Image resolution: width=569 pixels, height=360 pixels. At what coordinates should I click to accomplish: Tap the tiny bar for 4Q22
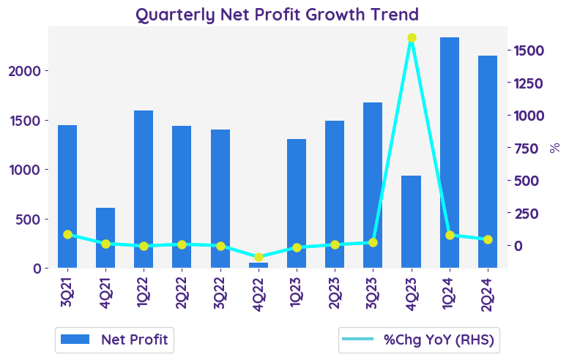click(x=259, y=265)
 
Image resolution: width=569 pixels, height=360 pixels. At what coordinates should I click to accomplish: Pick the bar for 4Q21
click(x=105, y=238)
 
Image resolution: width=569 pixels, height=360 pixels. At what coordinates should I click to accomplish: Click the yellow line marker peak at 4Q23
click(x=412, y=38)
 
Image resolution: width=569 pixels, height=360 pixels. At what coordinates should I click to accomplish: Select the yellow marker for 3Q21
click(x=67, y=235)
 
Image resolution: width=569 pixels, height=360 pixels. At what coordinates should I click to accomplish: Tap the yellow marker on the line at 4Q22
click(x=259, y=257)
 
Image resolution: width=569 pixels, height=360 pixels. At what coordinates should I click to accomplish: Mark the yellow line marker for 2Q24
click(x=488, y=239)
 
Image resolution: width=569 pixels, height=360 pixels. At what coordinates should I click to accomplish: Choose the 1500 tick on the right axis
click(x=528, y=50)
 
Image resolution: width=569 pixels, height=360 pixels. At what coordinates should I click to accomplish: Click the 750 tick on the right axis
click(x=532, y=149)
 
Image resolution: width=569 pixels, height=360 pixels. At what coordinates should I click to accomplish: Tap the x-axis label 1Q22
click(x=144, y=290)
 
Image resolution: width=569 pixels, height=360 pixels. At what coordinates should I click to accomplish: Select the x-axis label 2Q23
click(x=335, y=290)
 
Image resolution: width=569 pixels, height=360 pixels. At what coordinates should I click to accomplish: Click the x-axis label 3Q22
click(x=220, y=290)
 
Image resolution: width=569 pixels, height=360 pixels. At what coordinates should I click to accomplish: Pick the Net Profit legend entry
click(x=114, y=340)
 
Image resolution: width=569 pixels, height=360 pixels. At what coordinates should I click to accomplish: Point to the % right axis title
click(x=555, y=148)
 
